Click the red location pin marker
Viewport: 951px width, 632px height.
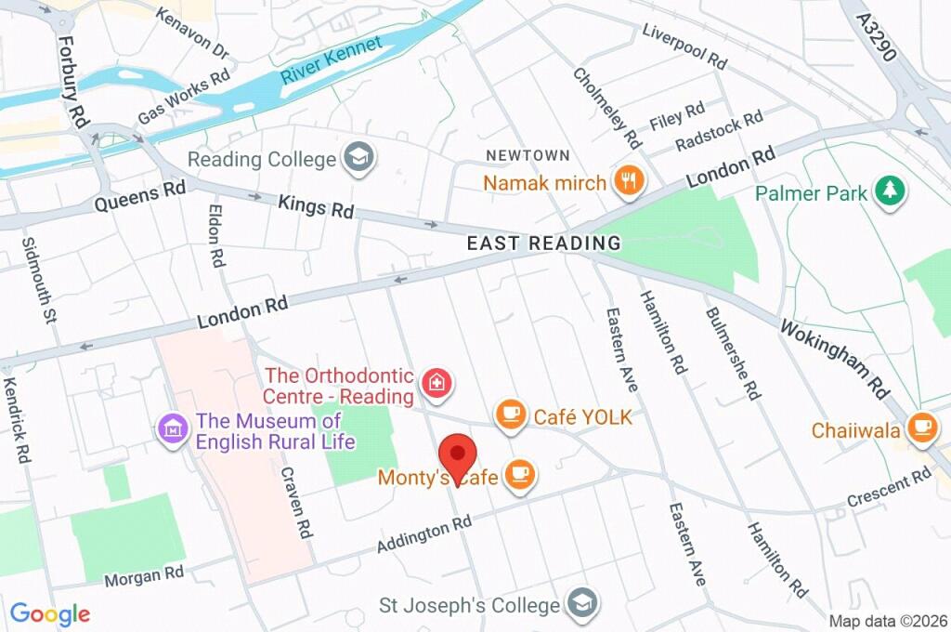[x=457, y=456]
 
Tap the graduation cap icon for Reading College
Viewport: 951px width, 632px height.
[x=357, y=159]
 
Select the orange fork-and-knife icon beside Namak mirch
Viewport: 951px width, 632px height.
[x=629, y=182]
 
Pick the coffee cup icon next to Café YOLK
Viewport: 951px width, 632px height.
[x=510, y=416]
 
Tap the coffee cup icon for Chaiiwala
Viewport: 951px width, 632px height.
[x=921, y=428]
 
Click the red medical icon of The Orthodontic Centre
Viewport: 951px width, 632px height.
[x=434, y=382]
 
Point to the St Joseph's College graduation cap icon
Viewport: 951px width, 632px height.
[x=582, y=604]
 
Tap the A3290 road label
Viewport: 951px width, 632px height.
[x=876, y=37]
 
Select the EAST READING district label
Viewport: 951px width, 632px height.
[x=543, y=244]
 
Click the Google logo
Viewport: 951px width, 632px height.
[x=50, y=614]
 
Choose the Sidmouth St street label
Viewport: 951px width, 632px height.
[x=38, y=279]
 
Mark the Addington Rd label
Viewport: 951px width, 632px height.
[x=424, y=537]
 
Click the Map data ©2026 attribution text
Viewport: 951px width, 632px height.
[x=888, y=621]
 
